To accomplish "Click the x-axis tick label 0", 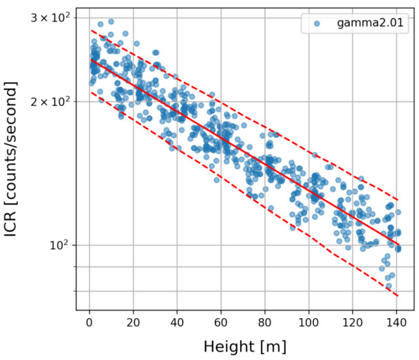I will (90, 323).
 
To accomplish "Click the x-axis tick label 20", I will (133, 323).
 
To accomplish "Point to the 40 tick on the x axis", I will (178, 323).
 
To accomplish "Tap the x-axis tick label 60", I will (221, 323).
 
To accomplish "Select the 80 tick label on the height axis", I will (265, 323).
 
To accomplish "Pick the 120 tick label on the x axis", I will (353, 323).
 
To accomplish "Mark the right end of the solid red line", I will (398, 245).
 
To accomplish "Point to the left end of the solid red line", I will (90, 59).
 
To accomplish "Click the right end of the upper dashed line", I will (398, 200).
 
